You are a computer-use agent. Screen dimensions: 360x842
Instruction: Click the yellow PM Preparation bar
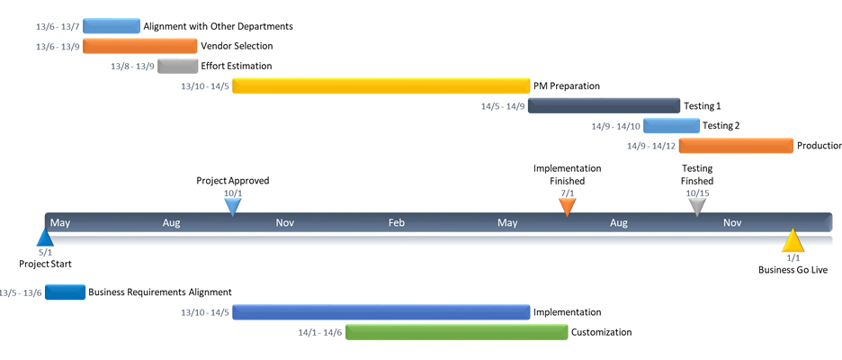[x=381, y=86]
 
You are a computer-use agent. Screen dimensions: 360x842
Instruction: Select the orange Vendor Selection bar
[x=139, y=46]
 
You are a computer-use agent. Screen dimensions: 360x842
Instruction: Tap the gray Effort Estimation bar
[x=177, y=66]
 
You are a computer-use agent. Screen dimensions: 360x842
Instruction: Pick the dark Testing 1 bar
[x=604, y=106]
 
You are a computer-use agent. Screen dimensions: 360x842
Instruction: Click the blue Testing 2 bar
[x=670, y=126]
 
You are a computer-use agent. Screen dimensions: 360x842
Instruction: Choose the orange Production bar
[x=736, y=146]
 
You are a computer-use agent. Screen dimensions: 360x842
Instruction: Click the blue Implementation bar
[x=381, y=312]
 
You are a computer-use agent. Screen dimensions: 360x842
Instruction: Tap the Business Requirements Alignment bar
[x=65, y=292]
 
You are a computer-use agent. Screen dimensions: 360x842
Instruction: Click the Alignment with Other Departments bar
[x=111, y=26]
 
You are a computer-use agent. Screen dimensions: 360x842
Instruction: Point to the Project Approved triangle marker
[x=233, y=206]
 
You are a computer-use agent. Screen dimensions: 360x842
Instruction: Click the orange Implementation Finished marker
[x=567, y=206]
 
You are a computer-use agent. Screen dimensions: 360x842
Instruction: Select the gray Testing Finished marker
[x=697, y=206]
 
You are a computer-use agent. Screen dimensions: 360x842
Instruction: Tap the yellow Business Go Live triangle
[x=793, y=241]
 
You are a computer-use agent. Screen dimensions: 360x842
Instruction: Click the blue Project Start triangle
[x=45, y=238]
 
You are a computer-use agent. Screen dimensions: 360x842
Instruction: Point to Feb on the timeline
[x=397, y=222]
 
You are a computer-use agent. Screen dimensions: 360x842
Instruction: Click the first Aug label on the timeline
[x=173, y=222]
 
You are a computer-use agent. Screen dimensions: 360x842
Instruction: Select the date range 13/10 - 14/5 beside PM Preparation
[x=205, y=86]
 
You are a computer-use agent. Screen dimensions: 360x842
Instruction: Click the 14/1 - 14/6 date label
[x=320, y=332]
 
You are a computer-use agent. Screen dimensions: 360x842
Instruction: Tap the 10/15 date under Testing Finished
[x=697, y=193]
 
